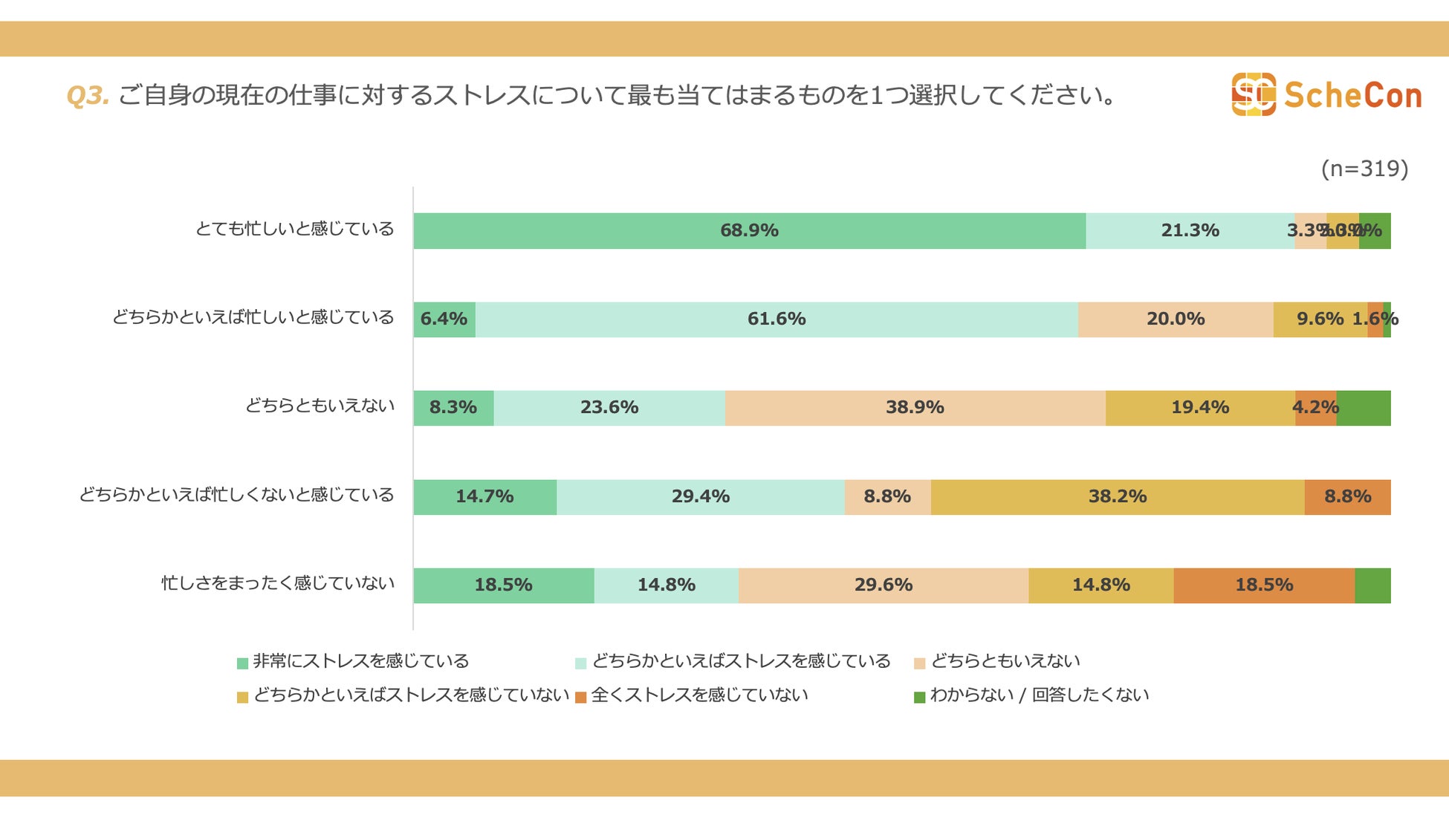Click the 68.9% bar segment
point(749,230)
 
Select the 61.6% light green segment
point(777,319)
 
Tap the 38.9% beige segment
point(915,408)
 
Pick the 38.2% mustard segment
point(1117,496)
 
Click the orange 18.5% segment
point(1263,585)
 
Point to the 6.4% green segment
point(444,319)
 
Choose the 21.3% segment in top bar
point(1190,230)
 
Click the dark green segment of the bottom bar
point(1372,585)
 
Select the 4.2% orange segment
point(1315,408)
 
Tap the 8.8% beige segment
point(887,496)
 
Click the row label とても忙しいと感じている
point(294,229)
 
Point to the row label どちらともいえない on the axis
point(320,406)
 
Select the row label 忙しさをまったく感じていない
point(278,583)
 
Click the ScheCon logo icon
point(1254,94)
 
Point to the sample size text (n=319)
point(1364,169)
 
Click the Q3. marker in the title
point(88,96)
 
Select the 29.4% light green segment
point(700,496)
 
